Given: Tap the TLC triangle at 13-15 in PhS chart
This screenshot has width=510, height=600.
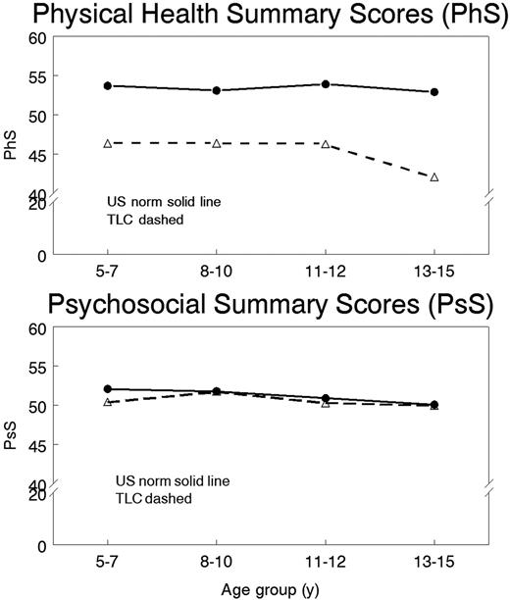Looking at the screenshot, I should [434, 177].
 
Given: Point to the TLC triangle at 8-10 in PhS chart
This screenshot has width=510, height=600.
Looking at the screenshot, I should [216, 144].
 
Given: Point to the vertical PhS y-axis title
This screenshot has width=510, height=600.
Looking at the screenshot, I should [12, 150].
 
